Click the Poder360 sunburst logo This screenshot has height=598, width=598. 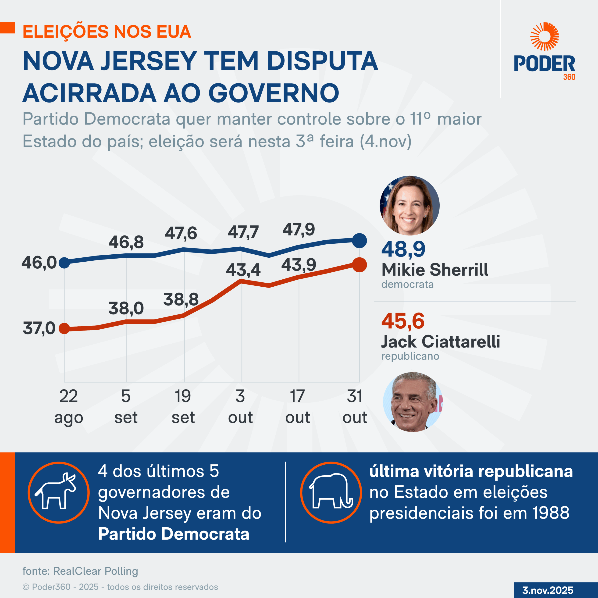tap(545, 36)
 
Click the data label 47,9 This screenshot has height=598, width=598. tap(299, 230)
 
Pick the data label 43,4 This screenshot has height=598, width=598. tap(243, 270)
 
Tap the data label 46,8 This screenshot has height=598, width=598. tap(126, 242)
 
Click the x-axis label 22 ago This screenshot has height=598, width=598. tap(68, 406)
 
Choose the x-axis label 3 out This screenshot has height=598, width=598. tap(240, 406)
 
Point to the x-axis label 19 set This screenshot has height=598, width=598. tap(183, 406)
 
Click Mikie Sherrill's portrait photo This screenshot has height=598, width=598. tap(409, 206)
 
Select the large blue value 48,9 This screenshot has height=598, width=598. tap(403, 249)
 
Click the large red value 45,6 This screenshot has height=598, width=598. tap(403, 321)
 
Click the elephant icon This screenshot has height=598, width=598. tap(331, 492)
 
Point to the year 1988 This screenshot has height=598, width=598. tap(551, 513)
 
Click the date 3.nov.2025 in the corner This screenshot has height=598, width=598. tap(548, 590)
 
